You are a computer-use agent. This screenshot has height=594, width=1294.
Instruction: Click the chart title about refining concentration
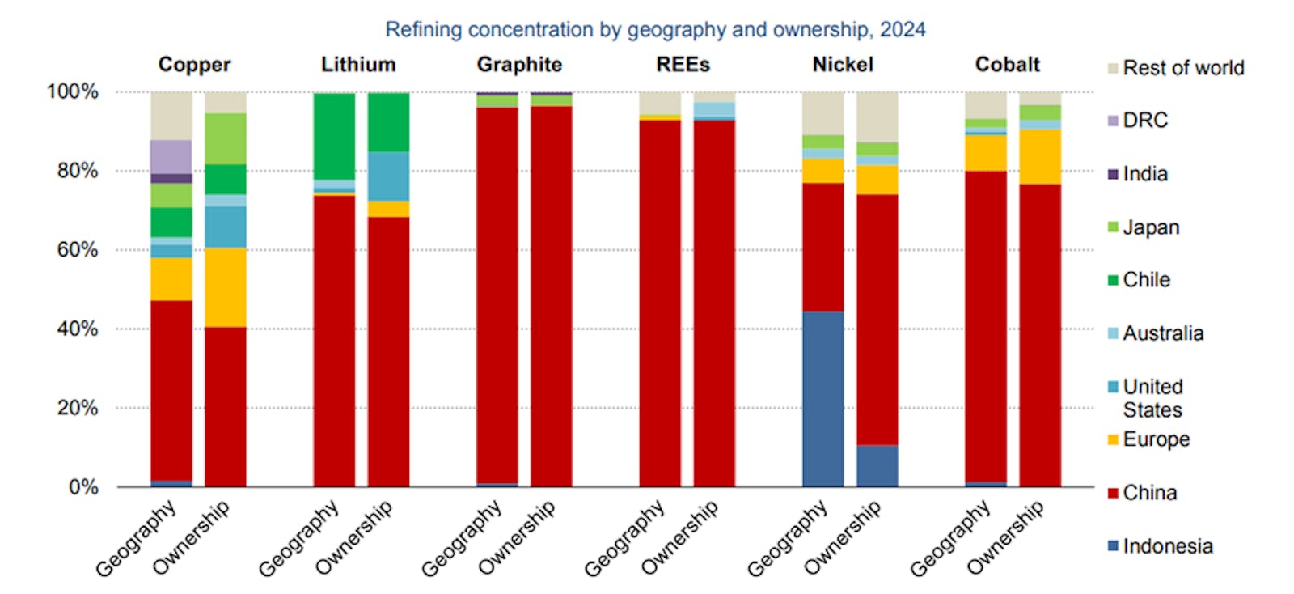coord(655,30)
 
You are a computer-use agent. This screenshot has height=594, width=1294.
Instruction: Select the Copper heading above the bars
coord(194,65)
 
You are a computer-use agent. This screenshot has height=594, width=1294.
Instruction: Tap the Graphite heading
coord(519,65)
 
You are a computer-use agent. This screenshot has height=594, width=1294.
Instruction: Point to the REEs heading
coord(683,65)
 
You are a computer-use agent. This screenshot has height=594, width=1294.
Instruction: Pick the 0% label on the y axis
coord(83,487)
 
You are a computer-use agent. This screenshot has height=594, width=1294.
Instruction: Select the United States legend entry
coord(1152,398)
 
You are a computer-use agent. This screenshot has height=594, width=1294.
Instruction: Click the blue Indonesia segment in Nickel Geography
coord(822,399)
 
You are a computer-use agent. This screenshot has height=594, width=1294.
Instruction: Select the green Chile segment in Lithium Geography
coord(334,136)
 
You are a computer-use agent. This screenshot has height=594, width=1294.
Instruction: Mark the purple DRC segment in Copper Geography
coord(171,156)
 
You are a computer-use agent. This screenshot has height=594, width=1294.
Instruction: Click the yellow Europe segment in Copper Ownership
coord(226,287)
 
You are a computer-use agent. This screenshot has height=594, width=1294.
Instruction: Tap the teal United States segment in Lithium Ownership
coord(388,176)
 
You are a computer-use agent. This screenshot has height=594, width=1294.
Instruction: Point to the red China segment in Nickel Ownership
coord(877,320)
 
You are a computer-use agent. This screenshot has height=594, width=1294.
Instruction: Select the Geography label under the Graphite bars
coord(462,538)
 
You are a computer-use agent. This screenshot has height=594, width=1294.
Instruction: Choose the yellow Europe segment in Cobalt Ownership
coord(1040,156)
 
